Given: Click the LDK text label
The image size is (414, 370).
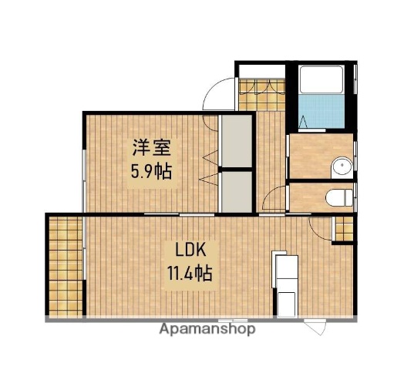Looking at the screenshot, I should (187, 250).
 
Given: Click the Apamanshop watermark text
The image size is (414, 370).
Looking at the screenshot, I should (207, 329).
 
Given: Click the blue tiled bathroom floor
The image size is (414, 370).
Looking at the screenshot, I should (319, 112).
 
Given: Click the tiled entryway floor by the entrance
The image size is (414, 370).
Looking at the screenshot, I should (260, 93).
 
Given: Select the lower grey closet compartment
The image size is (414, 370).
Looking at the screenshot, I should (236, 191).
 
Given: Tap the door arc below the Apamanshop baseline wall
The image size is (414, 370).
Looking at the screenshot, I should (317, 327).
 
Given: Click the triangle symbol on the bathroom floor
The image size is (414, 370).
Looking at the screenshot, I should (303, 122).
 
